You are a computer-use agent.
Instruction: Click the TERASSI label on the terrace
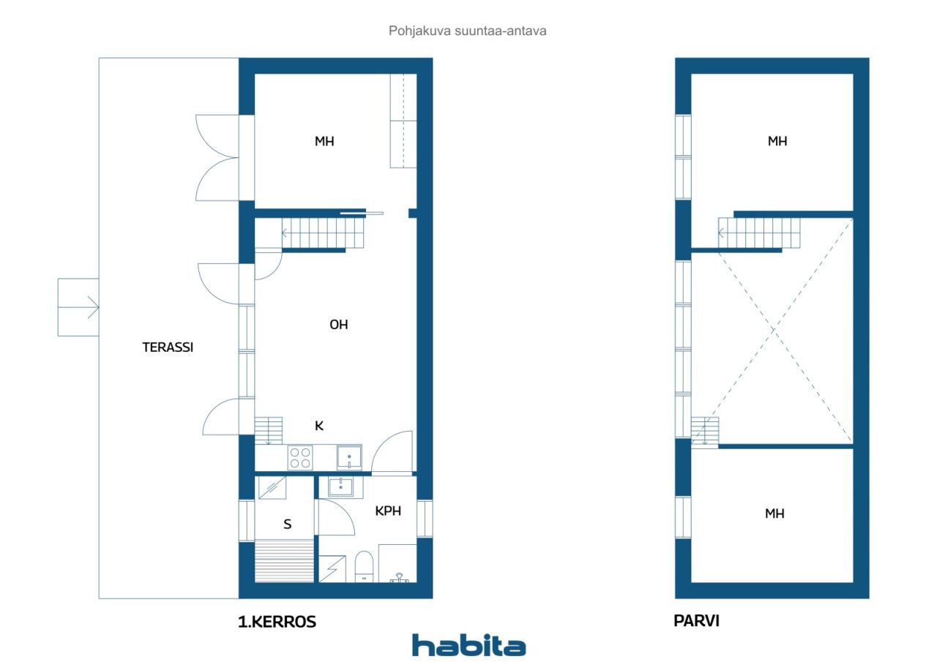(x=168, y=347)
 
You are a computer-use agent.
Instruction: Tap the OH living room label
(x=339, y=325)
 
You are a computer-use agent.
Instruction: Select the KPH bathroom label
(x=388, y=511)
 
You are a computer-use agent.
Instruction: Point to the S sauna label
(x=288, y=524)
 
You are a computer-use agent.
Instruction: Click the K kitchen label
(x=319, y=426)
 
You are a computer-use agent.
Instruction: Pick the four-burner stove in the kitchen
(x=300, y=457)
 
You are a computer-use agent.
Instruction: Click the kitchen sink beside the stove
(x=349, y=457)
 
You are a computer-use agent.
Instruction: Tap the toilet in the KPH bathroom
(x=364, y=567)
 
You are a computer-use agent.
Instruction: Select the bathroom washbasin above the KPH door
(x=340, y=487)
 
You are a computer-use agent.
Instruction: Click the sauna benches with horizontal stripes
(x=285, y=561)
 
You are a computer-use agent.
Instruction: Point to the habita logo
(x=469, y=645)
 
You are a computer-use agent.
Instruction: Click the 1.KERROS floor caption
(x=277, y=622)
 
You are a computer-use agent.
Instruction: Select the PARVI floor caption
(x=696, y=621)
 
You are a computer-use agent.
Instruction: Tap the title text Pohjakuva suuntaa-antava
(x=467, y=31)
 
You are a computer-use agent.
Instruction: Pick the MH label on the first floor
(x=324, y=141)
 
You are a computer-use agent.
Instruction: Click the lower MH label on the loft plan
(x=774, y=514)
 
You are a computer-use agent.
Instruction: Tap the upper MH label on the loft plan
(x=777, y=141)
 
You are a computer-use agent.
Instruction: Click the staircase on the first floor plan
(x=323, y=233)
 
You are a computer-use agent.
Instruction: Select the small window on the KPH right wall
(x=425, y=519)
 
